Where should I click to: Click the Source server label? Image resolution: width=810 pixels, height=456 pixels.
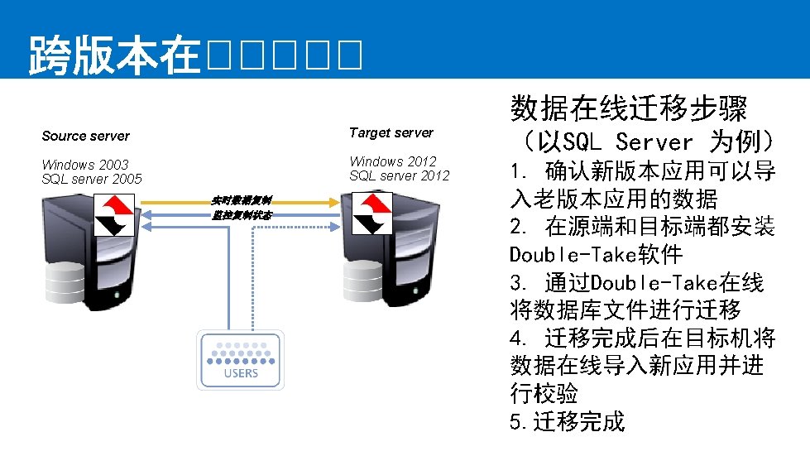pos(85,136)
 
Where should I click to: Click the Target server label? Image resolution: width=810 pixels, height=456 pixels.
pos(391,132)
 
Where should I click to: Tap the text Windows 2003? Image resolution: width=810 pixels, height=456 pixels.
pos(84,165)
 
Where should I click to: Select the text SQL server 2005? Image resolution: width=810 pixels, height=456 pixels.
pos(92,179)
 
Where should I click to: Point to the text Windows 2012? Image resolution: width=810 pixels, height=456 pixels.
pos(392,161)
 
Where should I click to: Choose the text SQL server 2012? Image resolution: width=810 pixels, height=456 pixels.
pos(399,175)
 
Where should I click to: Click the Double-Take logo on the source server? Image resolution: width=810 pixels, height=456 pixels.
pos(114,214)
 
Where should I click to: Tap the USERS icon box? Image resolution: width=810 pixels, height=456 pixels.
pos(240,359)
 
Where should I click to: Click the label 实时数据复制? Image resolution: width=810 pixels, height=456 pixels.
pos(240,200)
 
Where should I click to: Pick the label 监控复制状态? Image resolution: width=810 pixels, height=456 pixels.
pos(240,215)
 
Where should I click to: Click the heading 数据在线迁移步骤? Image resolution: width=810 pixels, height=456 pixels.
pos(629,108)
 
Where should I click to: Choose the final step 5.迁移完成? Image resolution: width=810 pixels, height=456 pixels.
pos(568,421)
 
